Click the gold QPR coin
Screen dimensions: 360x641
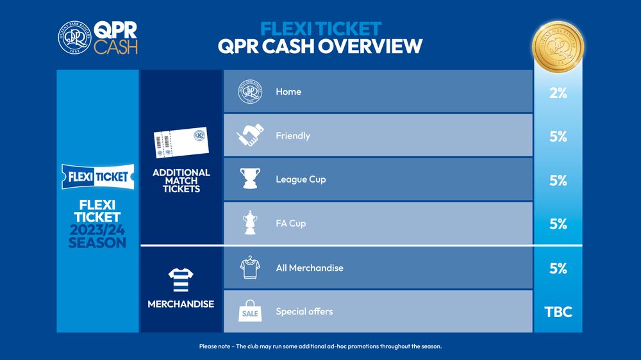(x=558, y=44)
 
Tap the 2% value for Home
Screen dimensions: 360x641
(x=558, y=93)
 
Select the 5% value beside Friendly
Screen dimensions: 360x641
(x=558, y=136)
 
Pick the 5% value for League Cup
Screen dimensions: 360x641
(x=558, y=181)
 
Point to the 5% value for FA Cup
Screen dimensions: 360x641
(x=558, y=224)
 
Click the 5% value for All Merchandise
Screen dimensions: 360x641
(x=558, y=268)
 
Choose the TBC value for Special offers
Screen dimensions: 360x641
(x=558, y=313)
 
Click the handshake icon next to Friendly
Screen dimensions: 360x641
(x=250, y=135)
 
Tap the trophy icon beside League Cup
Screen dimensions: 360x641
(x=250, y=179)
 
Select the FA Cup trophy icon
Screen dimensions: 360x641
(x=250, y=223)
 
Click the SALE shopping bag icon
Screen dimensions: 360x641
(x=250, y=312)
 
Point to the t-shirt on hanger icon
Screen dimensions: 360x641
(x=250, y=268)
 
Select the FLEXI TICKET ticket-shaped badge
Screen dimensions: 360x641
(x=97, y=177)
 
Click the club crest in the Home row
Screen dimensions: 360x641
(x=250, y=92)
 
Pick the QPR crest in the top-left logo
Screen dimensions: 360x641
(x=73, y=37)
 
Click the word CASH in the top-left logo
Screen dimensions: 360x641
(x=115, y=47)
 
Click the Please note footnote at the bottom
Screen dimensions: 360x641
(x=320, y=347)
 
